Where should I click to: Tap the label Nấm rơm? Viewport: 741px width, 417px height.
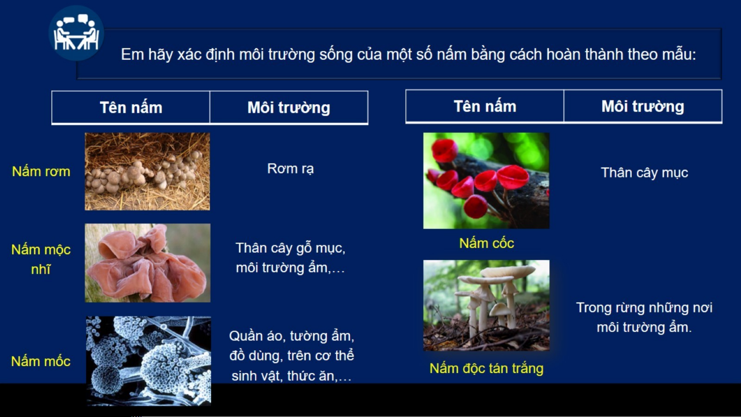tap(41, 171)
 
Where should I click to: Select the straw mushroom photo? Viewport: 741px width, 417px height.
tap(147, 172)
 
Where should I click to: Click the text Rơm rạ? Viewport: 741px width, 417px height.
tap(290, 169)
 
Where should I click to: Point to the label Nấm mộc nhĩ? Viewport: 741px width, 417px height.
tap(41, 259)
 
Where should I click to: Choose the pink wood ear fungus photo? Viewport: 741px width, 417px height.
tap(148, 263)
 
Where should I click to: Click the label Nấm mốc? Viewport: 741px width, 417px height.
tap(41, 361)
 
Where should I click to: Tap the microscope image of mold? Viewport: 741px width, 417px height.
tap(149, 361)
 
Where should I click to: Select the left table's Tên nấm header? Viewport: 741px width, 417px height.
tap(131, 108)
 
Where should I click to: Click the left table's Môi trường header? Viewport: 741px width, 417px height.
tap(289, 108)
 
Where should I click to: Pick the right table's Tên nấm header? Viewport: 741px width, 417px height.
tap(485, 106)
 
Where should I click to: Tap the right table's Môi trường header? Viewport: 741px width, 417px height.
tap(643, 106)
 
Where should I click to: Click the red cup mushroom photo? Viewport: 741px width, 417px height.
tap(486, 181)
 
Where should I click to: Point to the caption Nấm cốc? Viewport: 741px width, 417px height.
tap(487, 243)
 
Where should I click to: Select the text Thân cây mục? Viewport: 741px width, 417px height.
tap(645, 173)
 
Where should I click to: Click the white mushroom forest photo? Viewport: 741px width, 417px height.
tap(486, 305)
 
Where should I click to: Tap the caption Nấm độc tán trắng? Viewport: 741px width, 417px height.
tap(487, 368)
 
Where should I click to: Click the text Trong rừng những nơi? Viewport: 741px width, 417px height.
tap(644, 308)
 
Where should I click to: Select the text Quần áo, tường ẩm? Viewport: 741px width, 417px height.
tap(292, 336)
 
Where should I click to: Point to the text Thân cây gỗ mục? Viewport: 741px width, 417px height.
tap(290, 248)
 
